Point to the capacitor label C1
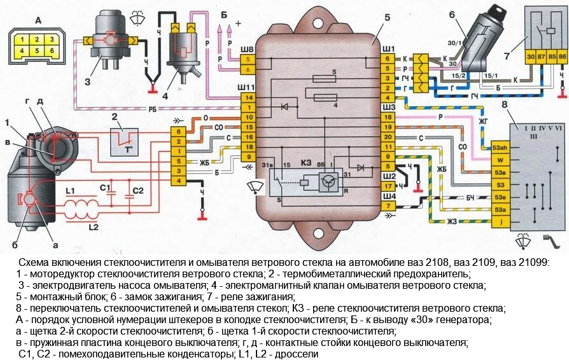point(106,188)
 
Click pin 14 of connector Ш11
point(249,97)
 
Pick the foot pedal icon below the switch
point(550,244)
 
